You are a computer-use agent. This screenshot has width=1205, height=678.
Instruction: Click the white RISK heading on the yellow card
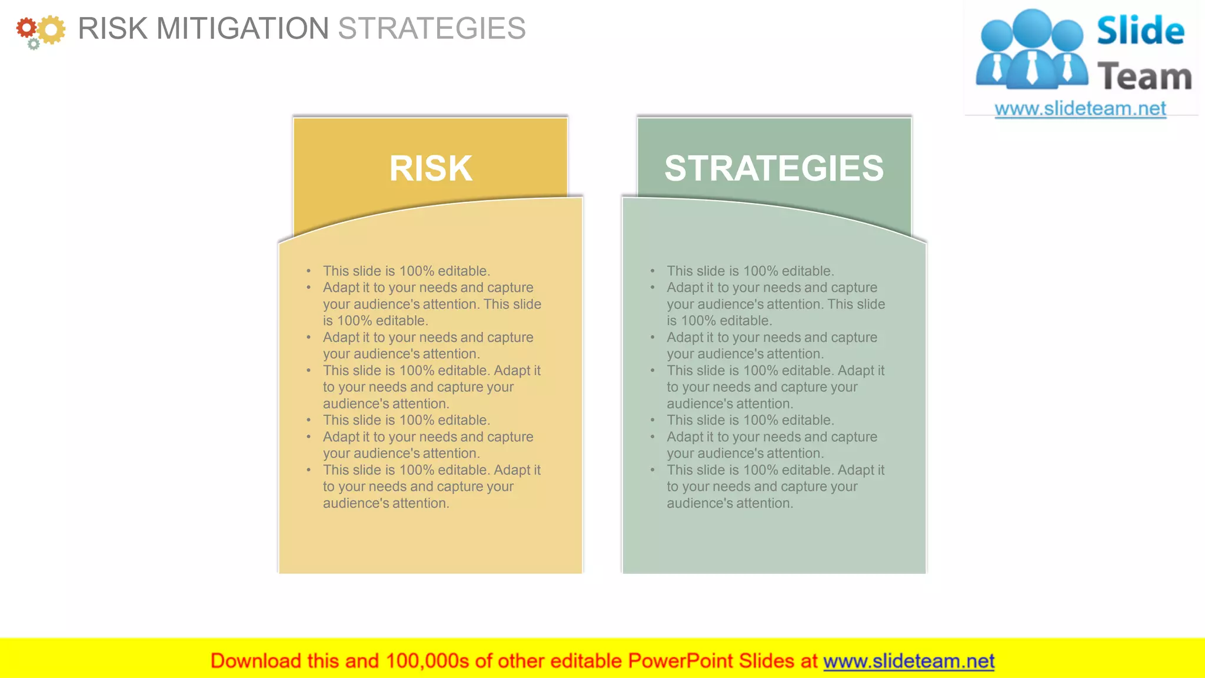click(x=431, y=168)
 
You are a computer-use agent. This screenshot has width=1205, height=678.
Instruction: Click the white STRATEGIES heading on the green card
click(x=774, y=168)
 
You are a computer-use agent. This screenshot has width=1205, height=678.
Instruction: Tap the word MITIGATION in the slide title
click(x=242, y=28)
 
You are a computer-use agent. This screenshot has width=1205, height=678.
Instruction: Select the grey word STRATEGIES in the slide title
click(x=432, y=28)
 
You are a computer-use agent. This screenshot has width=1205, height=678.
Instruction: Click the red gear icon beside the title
click(x=26, y=28)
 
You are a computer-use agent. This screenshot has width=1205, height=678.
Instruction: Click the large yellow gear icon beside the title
click(x=52, y=29)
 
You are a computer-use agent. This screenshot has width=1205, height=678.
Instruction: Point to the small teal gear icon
click(x=34, y=44)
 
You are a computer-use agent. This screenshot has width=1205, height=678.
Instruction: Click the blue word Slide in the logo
click(x=1140, y=31)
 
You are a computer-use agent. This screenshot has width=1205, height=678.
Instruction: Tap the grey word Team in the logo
click(x=1144, y=77)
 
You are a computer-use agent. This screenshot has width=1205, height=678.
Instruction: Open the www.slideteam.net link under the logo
click(x=1080, y=109)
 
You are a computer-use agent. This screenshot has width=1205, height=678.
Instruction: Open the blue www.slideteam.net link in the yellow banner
click(x=908, y=661)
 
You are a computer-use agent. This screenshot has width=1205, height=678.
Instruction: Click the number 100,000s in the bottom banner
click(x=427, y=661)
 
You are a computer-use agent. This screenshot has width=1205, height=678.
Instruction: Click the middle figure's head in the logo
click(x=1033, y=27)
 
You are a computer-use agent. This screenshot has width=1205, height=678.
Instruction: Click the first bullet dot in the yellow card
click(x=308, y=271)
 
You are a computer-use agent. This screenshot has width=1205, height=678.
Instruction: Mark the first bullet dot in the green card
click(x=653, y=271)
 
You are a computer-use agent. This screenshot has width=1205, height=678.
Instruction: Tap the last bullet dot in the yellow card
click(x=308, y=470)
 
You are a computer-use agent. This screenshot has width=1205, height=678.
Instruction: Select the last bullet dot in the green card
click(x=653, y=470)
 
